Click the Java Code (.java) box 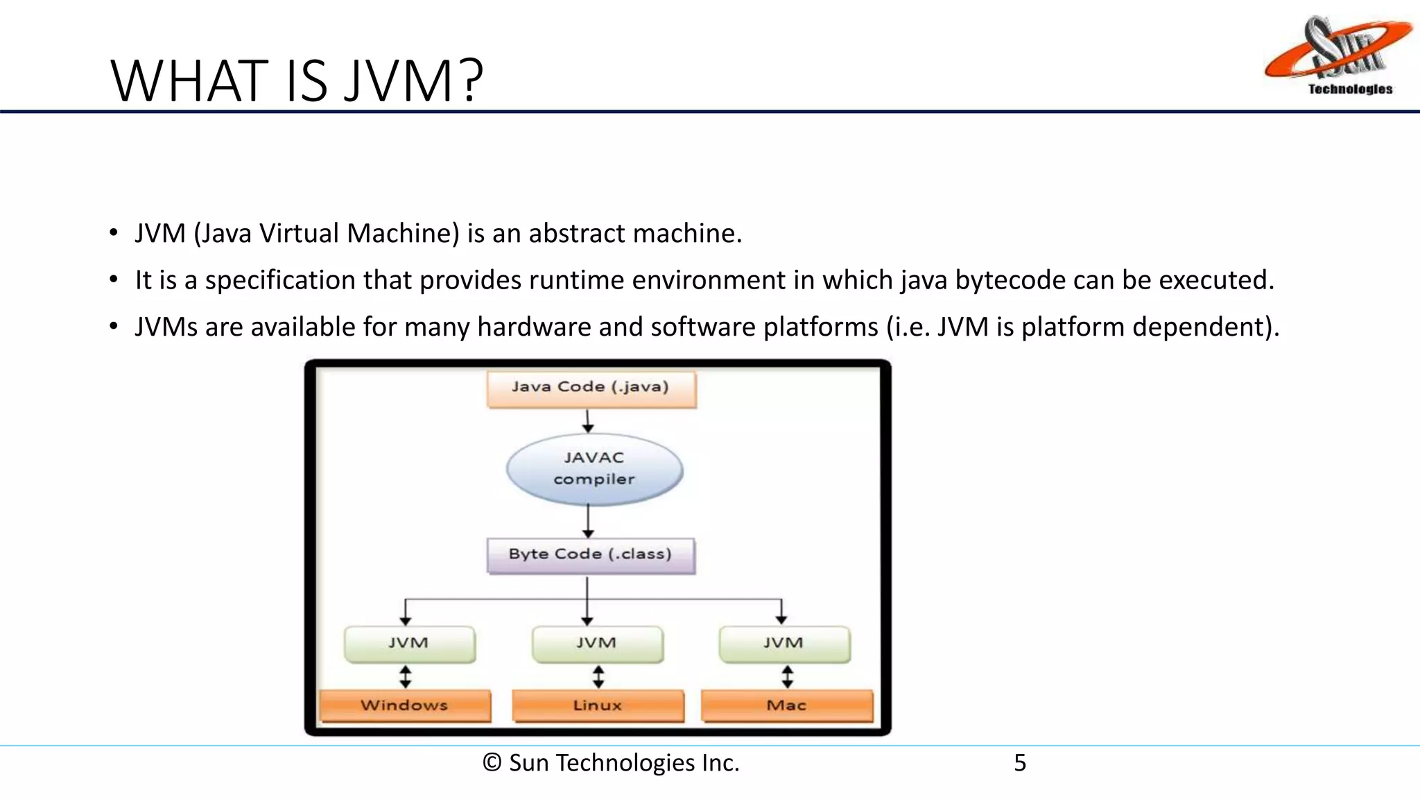coord(591,388)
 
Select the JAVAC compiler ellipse coord(594,469)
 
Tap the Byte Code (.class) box coord(591,555)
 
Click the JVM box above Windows coord(409,644)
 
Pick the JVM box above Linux coord(597,644)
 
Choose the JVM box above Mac coord(784,644)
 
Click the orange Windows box coord(405,706)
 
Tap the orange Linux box coord(598,706)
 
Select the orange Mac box coord(787,706)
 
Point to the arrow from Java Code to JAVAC coord(588,421)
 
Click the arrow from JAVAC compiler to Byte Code coord(588,521)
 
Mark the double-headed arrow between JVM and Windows coord(406,676)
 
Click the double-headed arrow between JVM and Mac coord(787,676)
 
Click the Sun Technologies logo coord(1337,55)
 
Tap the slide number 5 coord(1019,763)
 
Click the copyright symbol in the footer coord(492,763)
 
